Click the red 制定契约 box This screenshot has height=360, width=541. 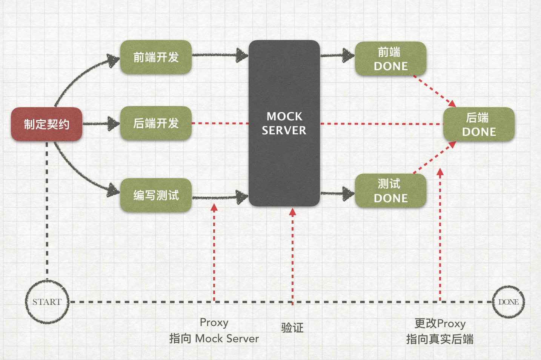coord(46,124)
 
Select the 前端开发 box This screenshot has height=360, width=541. coord(156,57)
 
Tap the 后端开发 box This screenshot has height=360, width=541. coord(156,123)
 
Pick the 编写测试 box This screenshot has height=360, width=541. coord(156,195)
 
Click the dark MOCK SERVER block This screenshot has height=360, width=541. coord(284,123)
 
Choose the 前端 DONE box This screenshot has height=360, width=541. coord(390,59)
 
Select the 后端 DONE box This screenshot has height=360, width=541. coord(479,125)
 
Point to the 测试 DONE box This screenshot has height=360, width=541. coord(390,191)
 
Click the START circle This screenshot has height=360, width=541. coord(47,302)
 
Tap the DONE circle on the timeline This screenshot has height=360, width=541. coord(508,302)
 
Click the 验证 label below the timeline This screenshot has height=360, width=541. coord(292,328)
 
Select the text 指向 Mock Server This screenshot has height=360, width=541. coord(214,338)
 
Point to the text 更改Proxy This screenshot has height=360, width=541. coord(440,323)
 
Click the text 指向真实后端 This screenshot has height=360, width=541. coord(440,339)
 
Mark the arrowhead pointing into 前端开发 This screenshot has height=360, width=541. coord(113,60)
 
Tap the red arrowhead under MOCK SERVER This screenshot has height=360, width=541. coord(292,212)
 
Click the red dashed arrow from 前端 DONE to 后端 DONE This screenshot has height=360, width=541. coord(434,90)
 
